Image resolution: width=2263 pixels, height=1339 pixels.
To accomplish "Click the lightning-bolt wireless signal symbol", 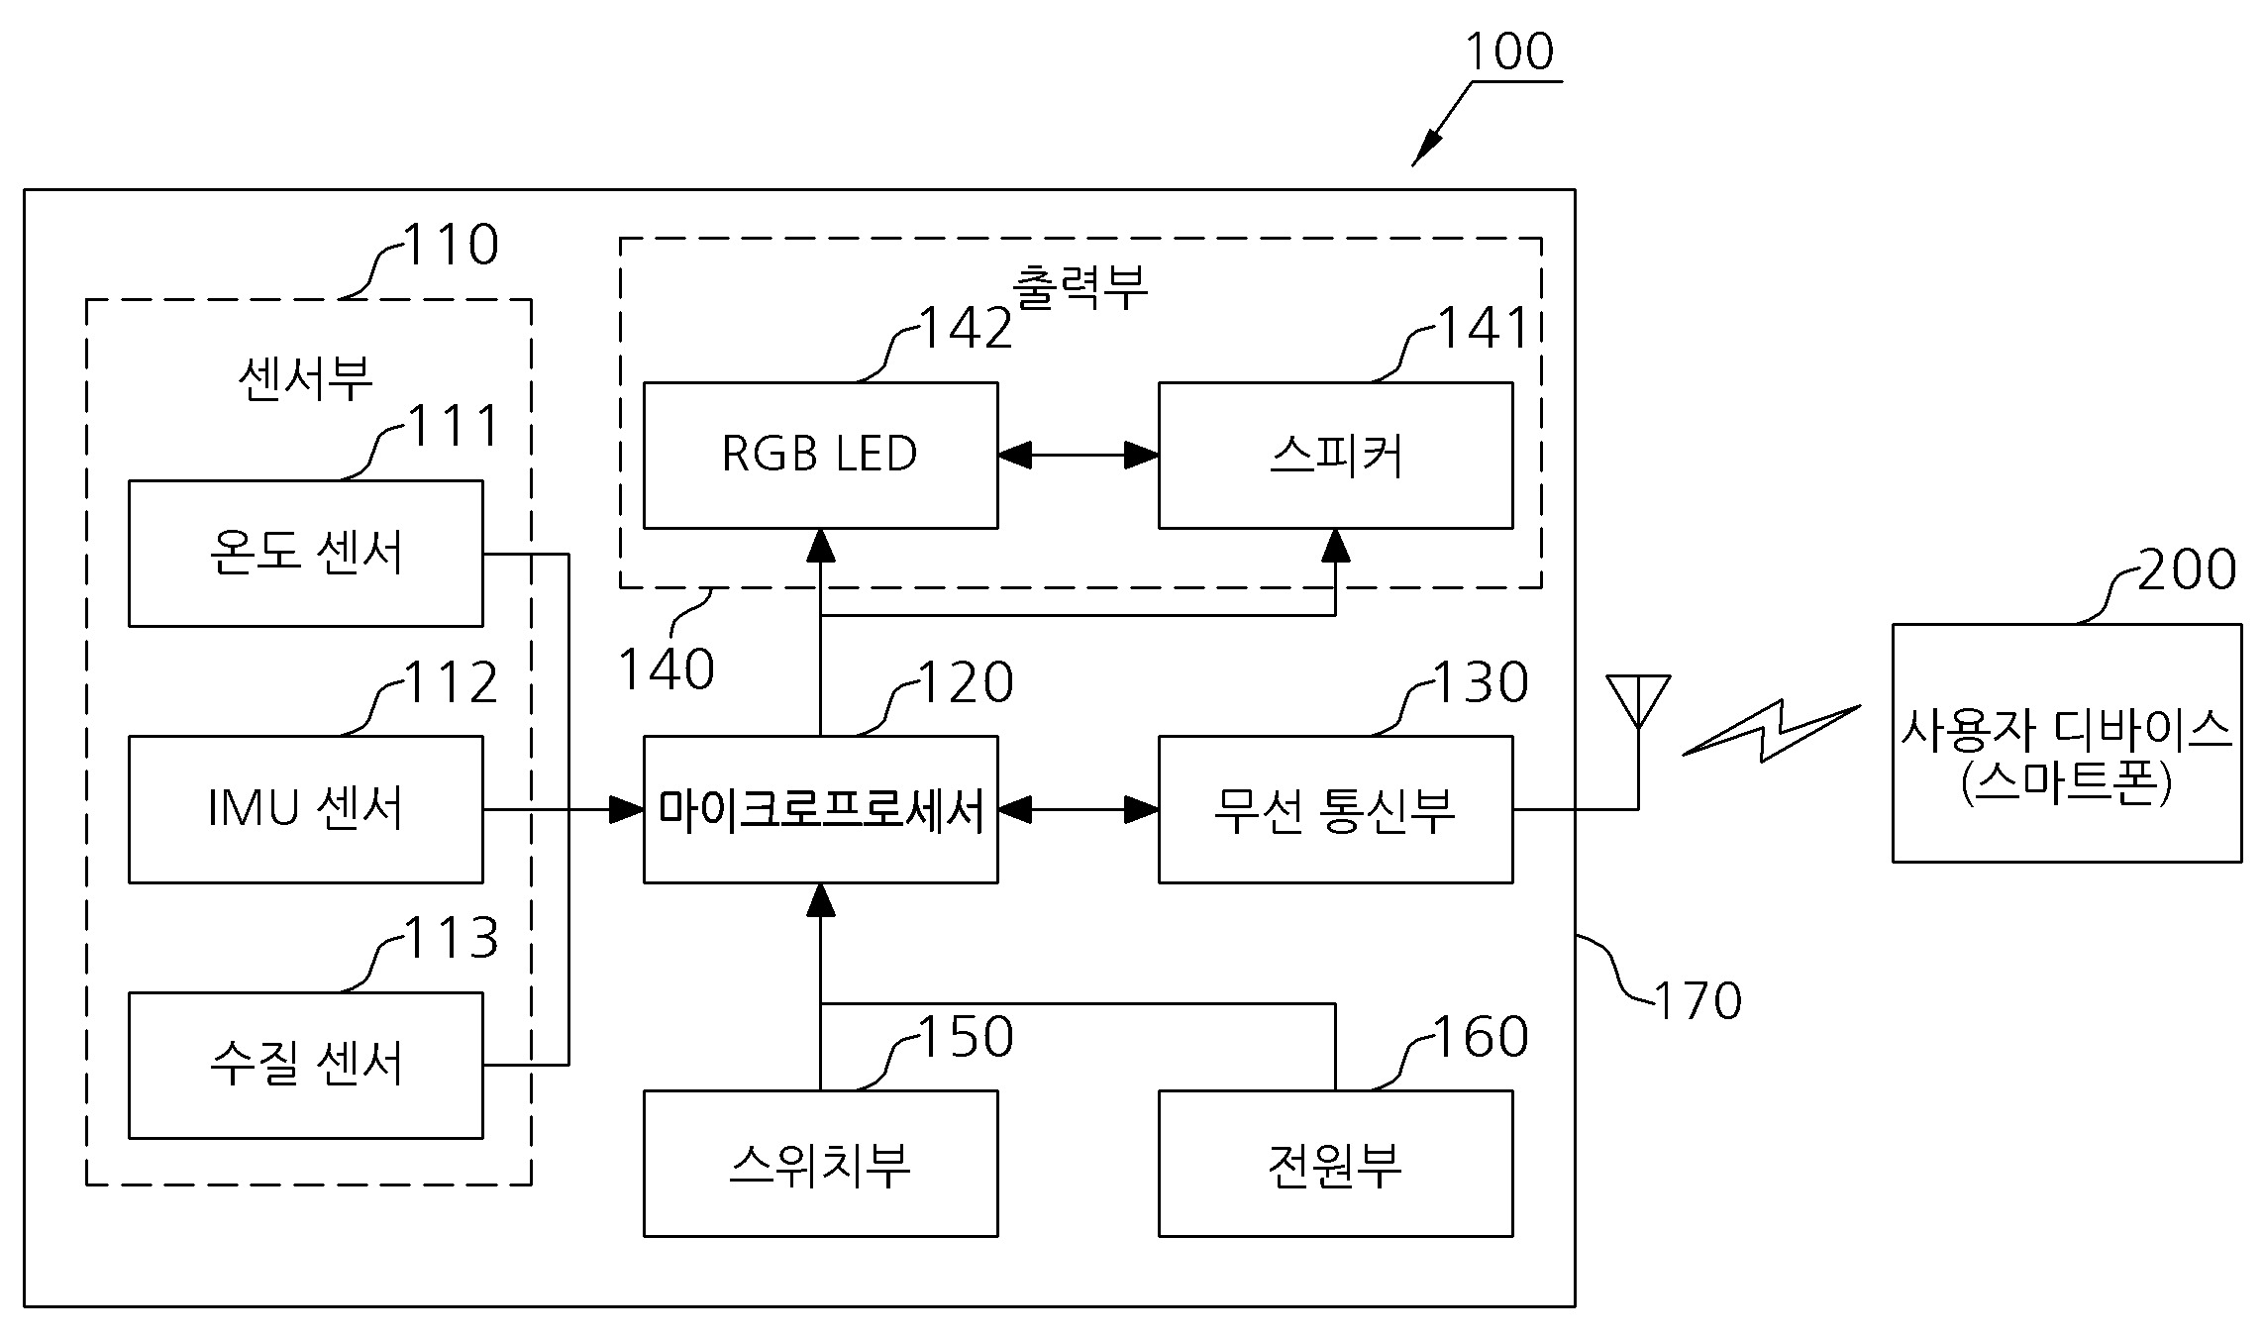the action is [1772, 731].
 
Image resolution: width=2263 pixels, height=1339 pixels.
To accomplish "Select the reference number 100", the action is [1509, 51].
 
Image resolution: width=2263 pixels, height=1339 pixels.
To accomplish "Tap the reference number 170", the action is [1697, 1000].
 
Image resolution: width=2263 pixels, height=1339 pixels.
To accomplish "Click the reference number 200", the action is [2187, 569].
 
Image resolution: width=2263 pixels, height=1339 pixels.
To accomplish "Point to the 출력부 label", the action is [1080, 287].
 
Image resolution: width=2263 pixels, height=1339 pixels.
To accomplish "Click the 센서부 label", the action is [306, 378].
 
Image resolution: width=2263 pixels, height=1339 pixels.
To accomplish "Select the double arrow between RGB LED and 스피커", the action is [1079, 456].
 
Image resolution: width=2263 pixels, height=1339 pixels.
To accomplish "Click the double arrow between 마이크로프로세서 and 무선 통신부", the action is [1079, 809].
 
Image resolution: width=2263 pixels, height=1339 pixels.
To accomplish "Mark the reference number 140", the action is [667, 669].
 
